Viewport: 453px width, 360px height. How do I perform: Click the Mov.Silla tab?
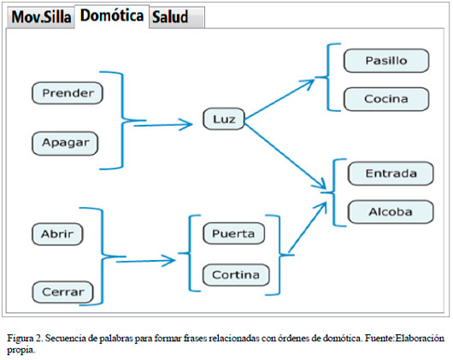click(x=41, y=17)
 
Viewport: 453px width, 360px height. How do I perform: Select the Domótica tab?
click(x=112, y=16)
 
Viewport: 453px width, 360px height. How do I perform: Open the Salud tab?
click(x=177, y=17)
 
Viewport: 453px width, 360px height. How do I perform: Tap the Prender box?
click(x=68, y=93)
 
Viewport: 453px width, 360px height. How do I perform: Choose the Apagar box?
click(x=65, y=144)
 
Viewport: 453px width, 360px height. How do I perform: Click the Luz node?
click(x=224, y=119)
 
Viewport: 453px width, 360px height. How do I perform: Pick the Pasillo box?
click(x=386, y=61)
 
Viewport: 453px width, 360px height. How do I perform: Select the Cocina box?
click(x=386, y=99)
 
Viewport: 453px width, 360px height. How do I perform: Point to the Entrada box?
click(x=391, y=174)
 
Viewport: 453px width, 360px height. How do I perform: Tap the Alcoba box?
click(x=391, y=212)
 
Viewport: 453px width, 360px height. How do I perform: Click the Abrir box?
click(x=57, y=234)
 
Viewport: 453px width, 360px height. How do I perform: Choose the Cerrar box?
click(x=62, y=292)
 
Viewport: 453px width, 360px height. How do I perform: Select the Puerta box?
click(x=233, y=233)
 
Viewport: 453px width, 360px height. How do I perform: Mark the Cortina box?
click(x=236, y=274)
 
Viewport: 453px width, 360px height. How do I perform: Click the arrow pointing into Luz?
click(x=163, y=125)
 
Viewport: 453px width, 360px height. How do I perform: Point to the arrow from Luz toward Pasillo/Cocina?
click(x=279, y=99)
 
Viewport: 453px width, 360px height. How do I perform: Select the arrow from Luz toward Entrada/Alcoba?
click(x=285, y=156)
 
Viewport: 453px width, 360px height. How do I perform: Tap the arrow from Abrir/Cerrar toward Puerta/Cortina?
click(x=146, y=261)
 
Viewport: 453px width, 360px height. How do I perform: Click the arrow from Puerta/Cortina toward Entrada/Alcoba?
click(x=308, y=227)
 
